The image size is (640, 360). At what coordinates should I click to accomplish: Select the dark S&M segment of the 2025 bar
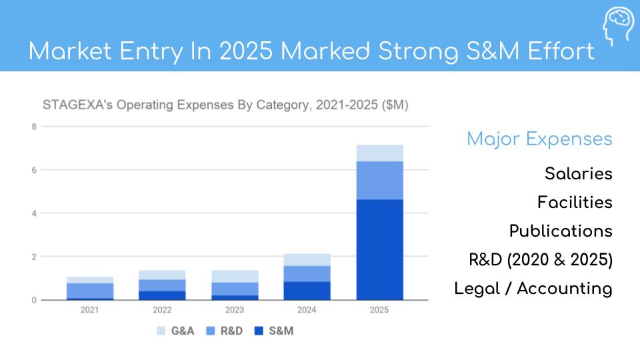(379, 249)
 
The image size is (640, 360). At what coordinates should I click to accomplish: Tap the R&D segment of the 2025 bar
(379, 180)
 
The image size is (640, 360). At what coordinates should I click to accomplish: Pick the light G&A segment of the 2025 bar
(379, 153)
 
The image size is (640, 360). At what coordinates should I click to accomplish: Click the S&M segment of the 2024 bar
(307, 291)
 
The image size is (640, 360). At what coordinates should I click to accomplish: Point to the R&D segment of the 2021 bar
(90, 290)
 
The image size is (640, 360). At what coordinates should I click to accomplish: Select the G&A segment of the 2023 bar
(235, 276)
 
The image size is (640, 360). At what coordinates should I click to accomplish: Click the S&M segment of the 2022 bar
(162, 295)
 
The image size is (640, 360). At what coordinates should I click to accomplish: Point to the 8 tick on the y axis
(33, 126)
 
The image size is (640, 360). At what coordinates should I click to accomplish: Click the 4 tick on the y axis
(33, 213)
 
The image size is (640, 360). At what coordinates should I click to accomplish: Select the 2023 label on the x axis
(235, 310)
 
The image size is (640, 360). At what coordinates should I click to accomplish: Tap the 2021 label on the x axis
(90, 310)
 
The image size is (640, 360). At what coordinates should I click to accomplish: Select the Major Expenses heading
(539, 139)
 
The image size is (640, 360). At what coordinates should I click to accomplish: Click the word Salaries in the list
(578, 174)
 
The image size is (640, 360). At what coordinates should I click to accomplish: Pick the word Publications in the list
(560, 231)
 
